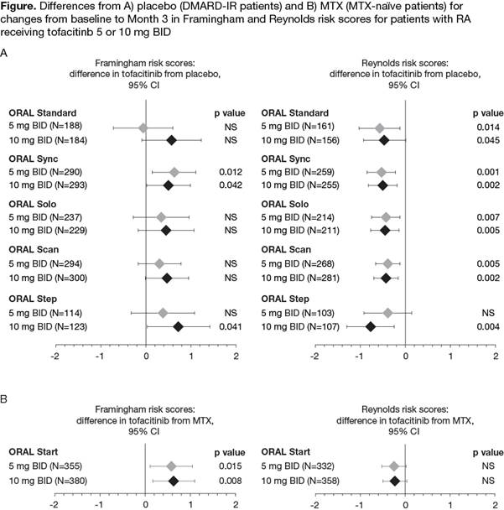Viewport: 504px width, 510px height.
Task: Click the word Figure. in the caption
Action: pos(21,8)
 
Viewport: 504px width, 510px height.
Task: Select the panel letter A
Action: pos(6,54)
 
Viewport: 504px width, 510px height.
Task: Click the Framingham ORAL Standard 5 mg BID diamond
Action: pos(143,127)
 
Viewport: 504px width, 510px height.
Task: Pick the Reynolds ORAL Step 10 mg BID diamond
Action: pos(370,326)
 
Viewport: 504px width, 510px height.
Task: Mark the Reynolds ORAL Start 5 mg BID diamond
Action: pos(394,466)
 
